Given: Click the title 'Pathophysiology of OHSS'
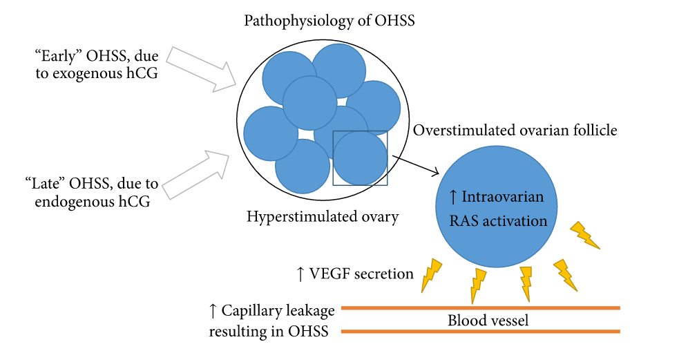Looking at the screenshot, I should pos(329,21).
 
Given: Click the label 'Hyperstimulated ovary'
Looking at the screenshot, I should pos(323,217).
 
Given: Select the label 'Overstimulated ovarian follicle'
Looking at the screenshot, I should pos(515,130).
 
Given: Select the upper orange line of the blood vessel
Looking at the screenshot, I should pos(481,308).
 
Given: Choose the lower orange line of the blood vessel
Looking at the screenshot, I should pos(481,332).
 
